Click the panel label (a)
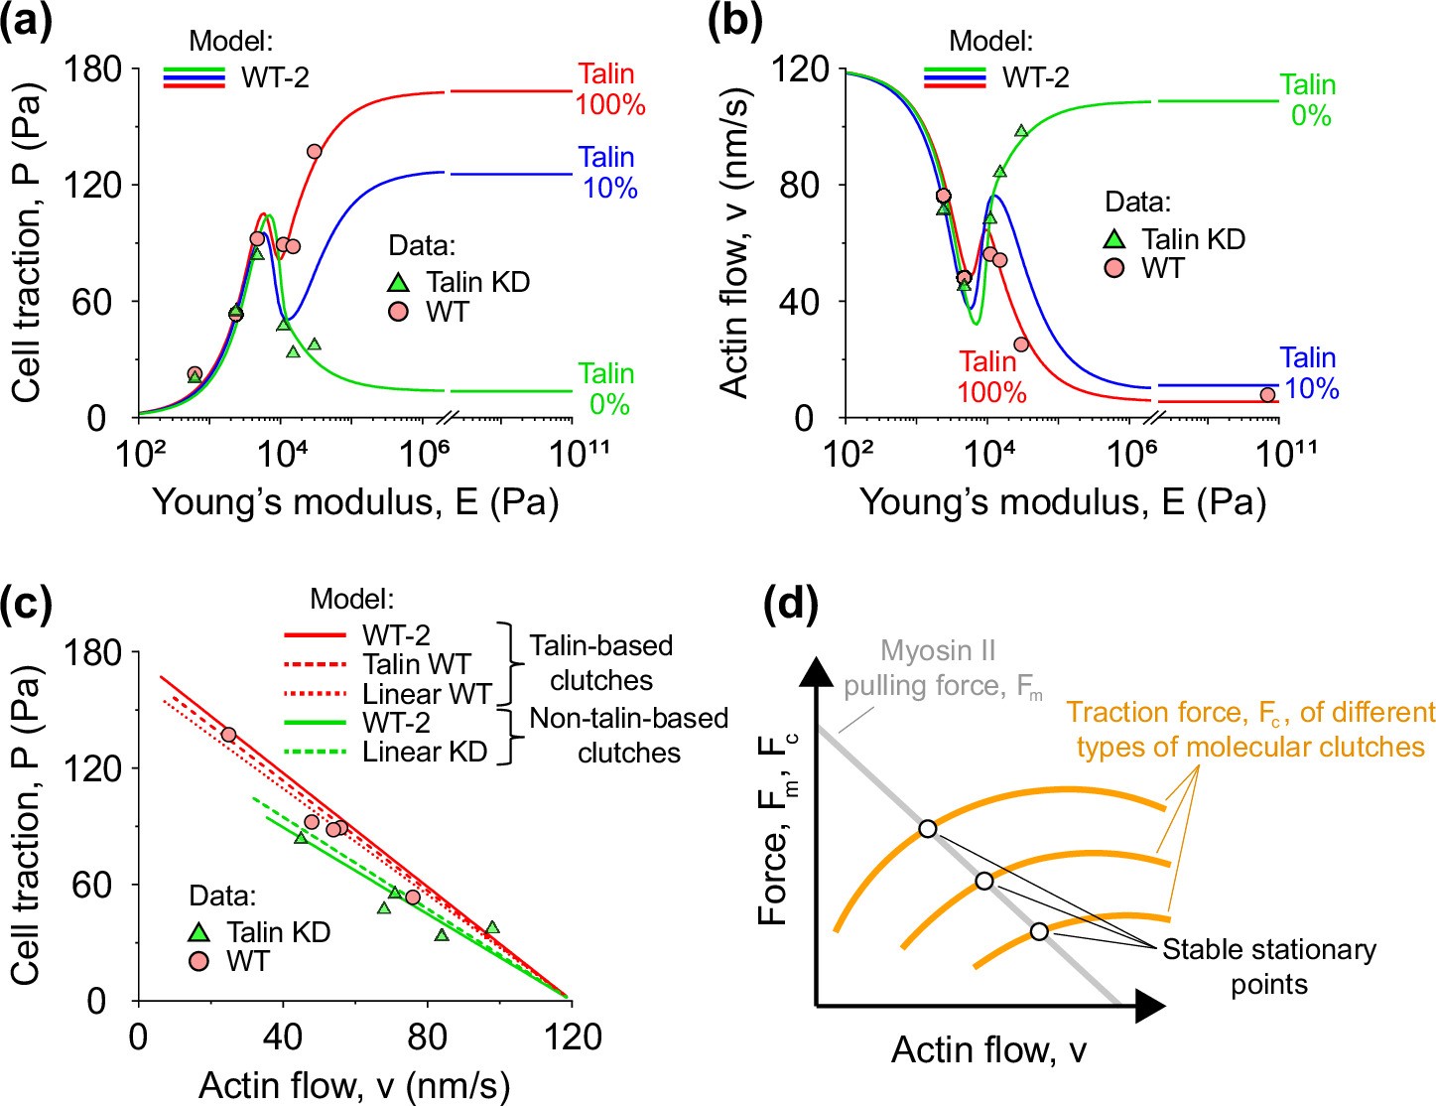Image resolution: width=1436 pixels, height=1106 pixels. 26,20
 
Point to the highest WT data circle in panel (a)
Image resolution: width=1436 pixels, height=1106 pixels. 315,151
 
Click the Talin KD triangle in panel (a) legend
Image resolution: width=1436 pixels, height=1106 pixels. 399,283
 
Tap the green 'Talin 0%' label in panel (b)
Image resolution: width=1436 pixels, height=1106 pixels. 1308,100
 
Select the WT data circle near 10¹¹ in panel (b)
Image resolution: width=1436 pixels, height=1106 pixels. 1267,395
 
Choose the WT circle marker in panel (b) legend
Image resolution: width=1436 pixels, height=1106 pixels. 1115,268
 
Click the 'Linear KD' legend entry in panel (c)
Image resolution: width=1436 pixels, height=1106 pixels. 425,752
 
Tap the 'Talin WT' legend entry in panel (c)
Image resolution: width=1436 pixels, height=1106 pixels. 416,664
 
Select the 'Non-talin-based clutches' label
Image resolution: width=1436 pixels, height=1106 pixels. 628,735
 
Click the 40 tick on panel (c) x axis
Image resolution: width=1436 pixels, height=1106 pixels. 283,1037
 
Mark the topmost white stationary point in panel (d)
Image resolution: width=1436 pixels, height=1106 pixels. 927,828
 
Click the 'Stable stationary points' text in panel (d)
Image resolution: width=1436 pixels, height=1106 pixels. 1268,966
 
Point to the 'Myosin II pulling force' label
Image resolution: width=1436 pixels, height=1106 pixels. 938,668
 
